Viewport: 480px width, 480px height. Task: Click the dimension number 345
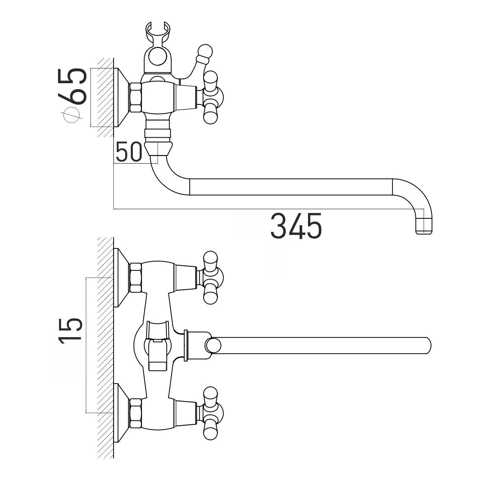pyautogui.click(x=296, y=226)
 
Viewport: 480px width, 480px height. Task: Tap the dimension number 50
pyautogui.click(x=129, y=152)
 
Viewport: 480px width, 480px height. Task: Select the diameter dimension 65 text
pyautogui.click(x=72, y=86)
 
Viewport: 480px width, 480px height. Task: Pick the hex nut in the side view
pyautogui.click(x=136, y=97)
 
